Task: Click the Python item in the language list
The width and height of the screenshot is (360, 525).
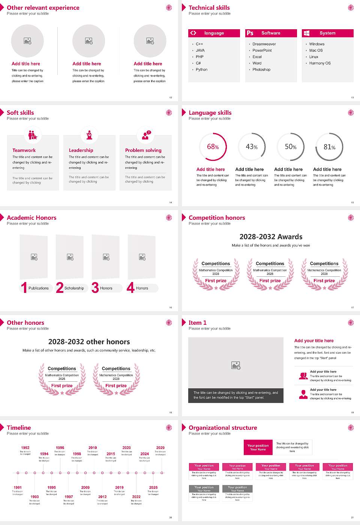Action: pos(201,70)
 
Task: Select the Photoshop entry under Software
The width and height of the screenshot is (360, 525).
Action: pos(261,70)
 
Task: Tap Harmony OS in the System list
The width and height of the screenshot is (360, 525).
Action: pos(320,63)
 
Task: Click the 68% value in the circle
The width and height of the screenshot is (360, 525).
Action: pos(213,147)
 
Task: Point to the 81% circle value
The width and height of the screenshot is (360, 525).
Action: pos(329,147)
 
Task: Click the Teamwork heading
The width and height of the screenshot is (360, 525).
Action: pos(24,150)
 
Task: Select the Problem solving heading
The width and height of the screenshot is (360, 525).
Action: pos(143,150)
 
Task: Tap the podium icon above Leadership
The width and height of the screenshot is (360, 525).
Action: pos(89,135)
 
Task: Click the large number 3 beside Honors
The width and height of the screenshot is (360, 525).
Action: pos(95,288)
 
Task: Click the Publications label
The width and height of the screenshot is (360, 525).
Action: pos(39,288)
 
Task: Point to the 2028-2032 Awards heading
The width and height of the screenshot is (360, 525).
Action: pos(271,237)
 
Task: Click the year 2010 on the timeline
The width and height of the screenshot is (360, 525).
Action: pos(93,448)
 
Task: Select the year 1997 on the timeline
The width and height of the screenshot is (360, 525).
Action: pos(69,497)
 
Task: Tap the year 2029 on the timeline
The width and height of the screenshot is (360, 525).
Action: pos(160,448)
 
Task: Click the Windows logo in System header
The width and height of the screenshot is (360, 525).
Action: pos(306,33)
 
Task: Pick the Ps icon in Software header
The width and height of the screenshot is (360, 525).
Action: pos(250,33)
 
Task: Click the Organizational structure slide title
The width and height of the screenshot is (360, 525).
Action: pos(223,428)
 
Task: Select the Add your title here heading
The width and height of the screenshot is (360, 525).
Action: pos(314,341)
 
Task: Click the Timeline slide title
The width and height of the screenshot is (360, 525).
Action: pos(19,428)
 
